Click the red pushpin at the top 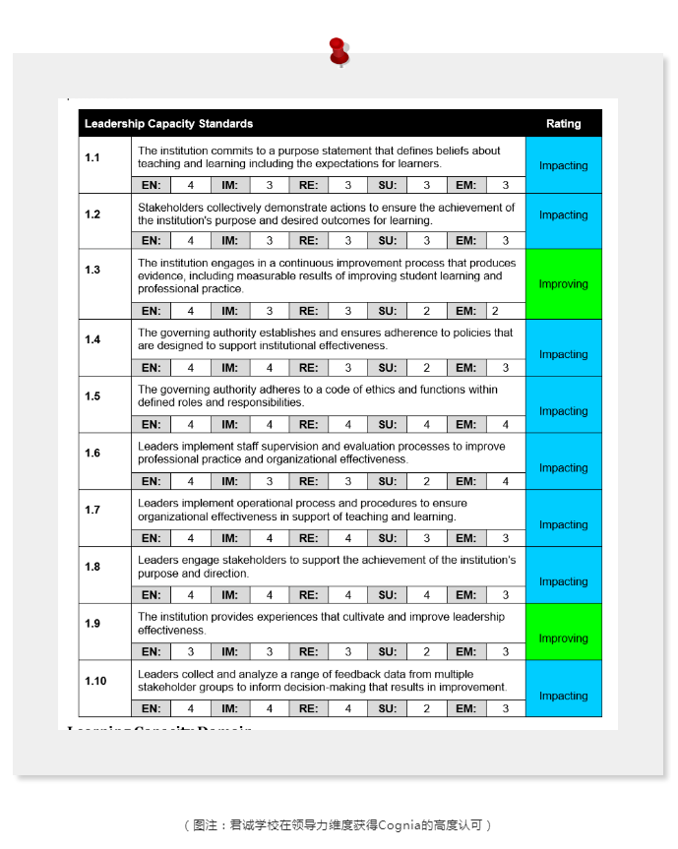point(339,51)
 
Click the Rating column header point(563,124)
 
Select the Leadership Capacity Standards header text point(168,124)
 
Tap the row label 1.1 point(92,157)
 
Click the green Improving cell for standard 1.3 point(563,284)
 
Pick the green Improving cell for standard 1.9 point(563,638)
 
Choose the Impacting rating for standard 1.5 point(563,411)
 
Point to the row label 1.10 point(95,681)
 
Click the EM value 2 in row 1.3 point(495,311)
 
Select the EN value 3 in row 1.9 point(191,651)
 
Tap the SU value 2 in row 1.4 point(426,368)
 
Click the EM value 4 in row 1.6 point(505,481)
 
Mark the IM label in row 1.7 point(229,538)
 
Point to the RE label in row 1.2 point(308,240)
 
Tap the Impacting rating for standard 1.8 point(563,581)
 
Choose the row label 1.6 point(92,454)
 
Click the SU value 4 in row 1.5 point(426,425)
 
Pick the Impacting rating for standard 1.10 point(563,696)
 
